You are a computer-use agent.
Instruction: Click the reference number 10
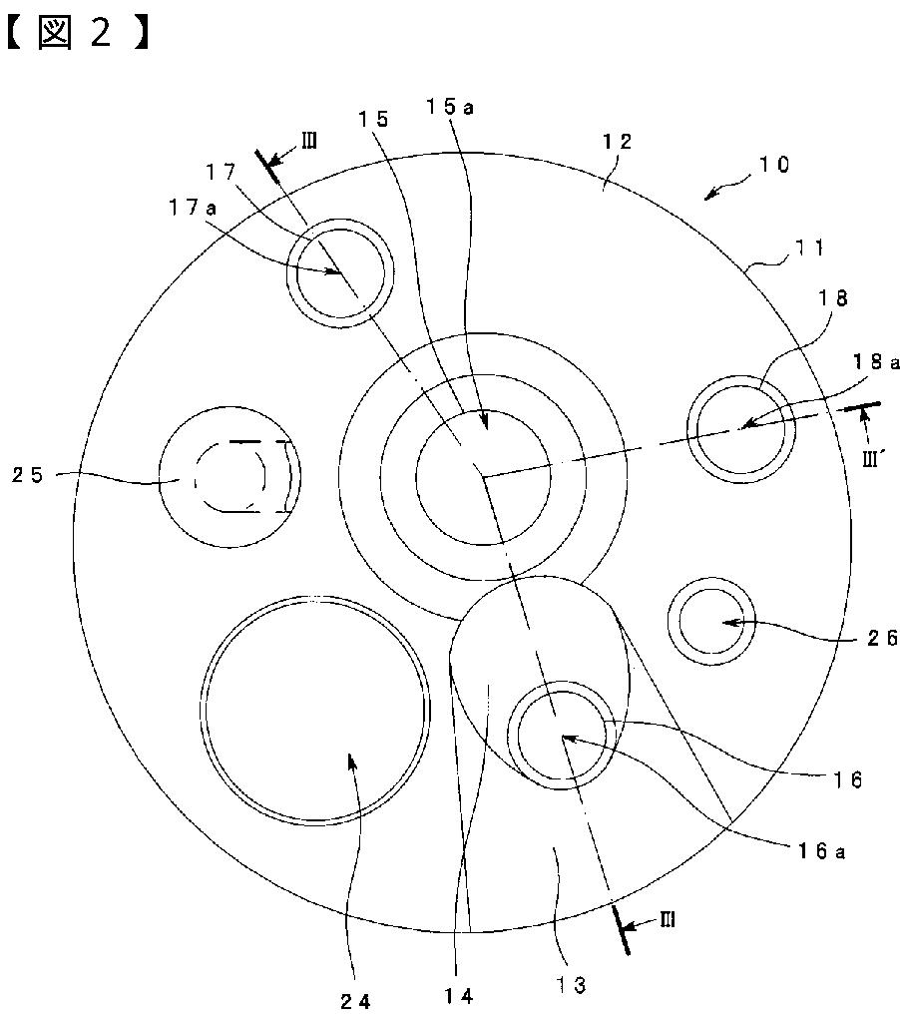768,165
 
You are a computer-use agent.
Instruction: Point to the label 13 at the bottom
571,985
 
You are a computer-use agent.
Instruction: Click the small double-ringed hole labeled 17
337,272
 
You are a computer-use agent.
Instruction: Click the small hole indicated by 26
710,620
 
